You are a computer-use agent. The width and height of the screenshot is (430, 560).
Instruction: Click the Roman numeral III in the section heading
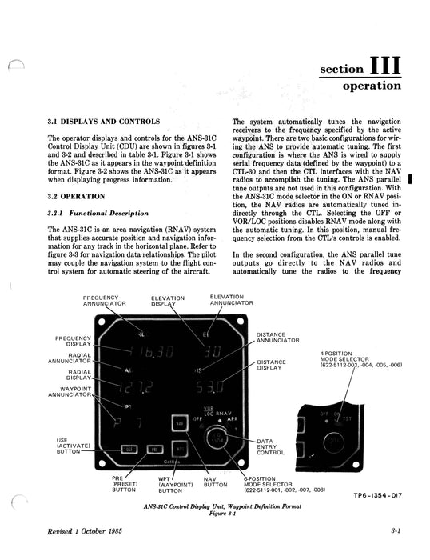tap(388, 64)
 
